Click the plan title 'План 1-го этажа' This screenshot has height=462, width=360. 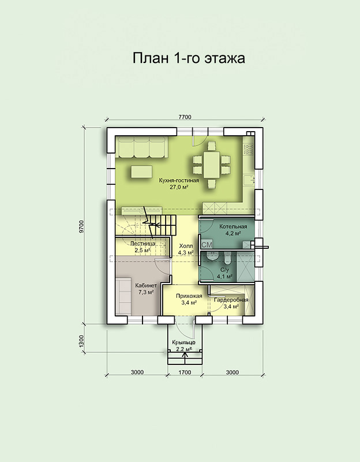189,58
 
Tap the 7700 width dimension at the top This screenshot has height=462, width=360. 185,117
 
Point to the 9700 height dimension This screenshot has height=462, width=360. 82,226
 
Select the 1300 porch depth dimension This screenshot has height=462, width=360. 82,341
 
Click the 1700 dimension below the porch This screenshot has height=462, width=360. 185,372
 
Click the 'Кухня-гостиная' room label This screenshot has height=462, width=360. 179,180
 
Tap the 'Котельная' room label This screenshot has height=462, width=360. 233,226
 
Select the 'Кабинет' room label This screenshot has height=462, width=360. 146,285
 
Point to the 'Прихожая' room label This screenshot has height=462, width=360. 189,296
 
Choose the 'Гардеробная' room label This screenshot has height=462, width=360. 231,300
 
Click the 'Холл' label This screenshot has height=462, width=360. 186,246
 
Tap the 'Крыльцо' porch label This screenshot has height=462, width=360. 183,342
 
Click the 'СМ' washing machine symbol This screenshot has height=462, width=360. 207,244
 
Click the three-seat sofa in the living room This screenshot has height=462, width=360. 141,147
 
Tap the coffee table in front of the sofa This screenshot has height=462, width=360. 141,172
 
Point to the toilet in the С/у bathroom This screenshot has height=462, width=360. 227,258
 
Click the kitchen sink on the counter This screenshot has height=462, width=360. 249,180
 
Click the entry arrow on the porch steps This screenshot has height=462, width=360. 185,357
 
